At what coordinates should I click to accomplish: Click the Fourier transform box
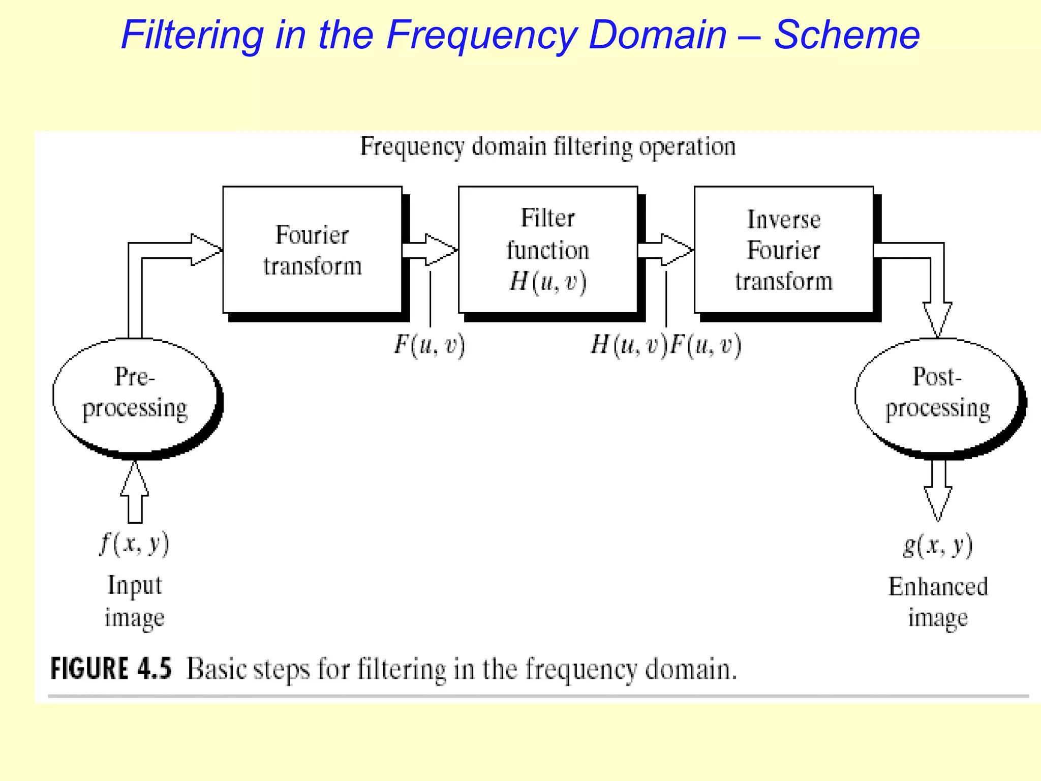pyautogui.click(x=312, y=250)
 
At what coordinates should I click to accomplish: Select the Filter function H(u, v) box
pyautogui.click(x=547, y=250)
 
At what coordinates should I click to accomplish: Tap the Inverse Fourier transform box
pyautogui.click(x=783, y=250)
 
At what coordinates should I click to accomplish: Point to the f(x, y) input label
pyautogui.click(x=134, y=544)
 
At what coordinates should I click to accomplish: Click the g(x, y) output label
pyautogui.click(x=937, y=545)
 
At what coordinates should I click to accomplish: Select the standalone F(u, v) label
pyautogui.click(x=430, y=345)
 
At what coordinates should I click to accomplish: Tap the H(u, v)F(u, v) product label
pyautogui.click(x=666, y=345)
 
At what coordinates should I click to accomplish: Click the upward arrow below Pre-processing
pyautogui.click(x=135, y=492)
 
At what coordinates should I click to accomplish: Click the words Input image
pyautogui.click(x=134, y=602)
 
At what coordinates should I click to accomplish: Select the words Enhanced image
pyautogui.click(x=938, y=603)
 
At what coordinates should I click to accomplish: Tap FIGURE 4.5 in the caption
pyautogui.click(x=110, y=668)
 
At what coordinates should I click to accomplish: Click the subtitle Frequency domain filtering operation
pyautogui.click(x=547, y=146)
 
